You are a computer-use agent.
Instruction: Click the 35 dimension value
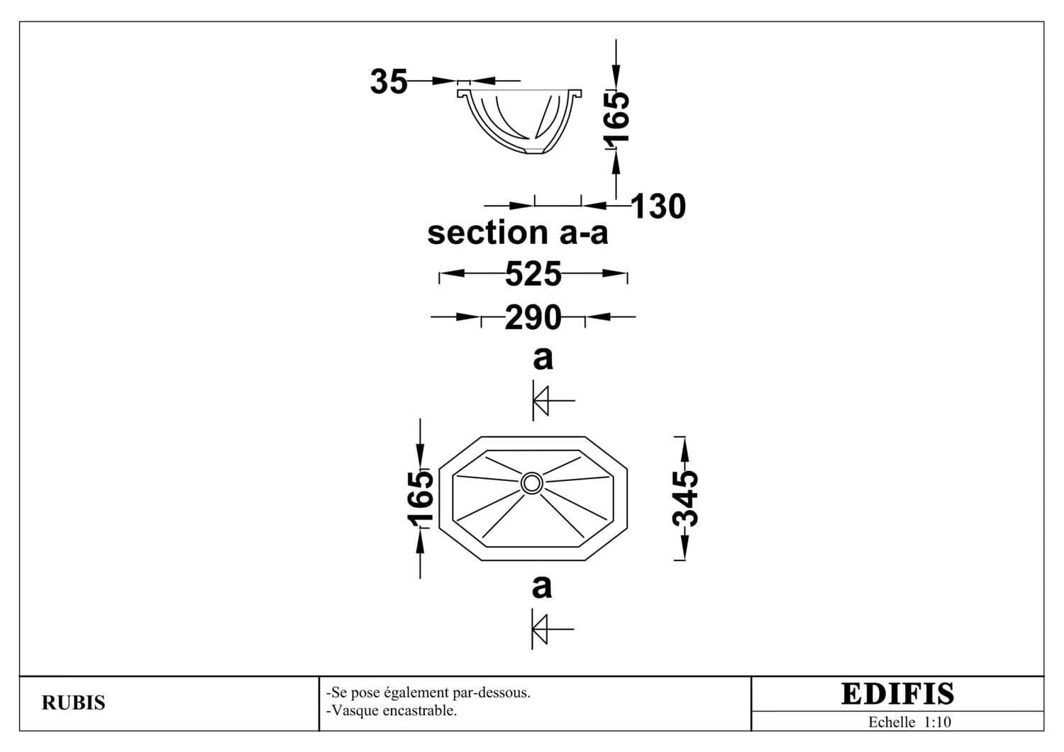(x=389, y=82)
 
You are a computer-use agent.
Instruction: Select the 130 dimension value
(x=658, y=206)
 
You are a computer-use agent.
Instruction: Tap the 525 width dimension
(x=533, y=274)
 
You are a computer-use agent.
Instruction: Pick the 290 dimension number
(x=533, y=317)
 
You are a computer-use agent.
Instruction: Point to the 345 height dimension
(x=685, y=498)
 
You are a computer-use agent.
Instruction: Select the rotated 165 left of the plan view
(x=421, y=499)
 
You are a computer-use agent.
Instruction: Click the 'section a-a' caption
(x=518, y=233)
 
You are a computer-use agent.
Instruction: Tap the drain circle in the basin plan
(x=531, y=483)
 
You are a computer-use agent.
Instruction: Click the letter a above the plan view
(x=543, y=359)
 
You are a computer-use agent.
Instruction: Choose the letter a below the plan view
(x=542, y=587)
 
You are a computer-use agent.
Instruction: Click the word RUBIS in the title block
(x=74, y=703)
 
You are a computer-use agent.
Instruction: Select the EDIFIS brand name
(x=897, y=694)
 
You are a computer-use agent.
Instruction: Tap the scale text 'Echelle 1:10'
(x=909, y=722)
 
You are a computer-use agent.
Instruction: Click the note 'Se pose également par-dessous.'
(x=428, y=693)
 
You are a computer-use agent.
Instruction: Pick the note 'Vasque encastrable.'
(x=392, y=711)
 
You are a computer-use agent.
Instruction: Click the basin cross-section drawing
(x=520, y=121)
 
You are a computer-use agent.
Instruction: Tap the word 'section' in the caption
(x=488, y=233)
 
